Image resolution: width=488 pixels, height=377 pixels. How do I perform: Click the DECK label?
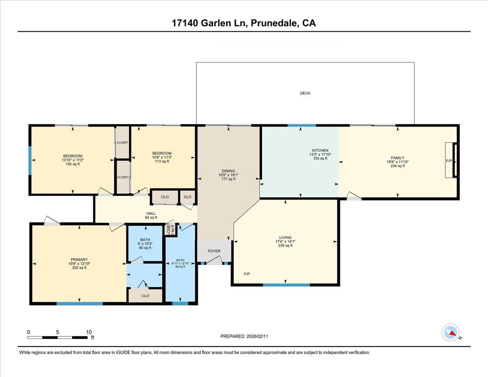tap(305, 93)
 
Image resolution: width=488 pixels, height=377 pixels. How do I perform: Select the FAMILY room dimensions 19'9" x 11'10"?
tap(397, 162)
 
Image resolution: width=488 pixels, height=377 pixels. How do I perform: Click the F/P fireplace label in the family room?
tap(449, 161)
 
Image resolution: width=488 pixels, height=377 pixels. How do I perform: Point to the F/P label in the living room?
tap(246, 274)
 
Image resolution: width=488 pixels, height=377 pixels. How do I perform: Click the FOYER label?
tap(214, 251)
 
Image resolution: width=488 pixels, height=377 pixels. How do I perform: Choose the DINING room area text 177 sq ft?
tap(228, 179)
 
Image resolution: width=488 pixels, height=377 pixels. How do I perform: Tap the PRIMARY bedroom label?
tap(79, 259)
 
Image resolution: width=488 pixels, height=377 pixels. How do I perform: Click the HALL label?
tap(151, 213)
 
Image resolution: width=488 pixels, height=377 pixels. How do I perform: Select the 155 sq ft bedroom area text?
tap(73, 164)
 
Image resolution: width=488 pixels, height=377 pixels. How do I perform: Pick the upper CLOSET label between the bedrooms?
tap(122, 143)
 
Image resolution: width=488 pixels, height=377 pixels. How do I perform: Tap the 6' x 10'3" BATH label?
tap(145, 244)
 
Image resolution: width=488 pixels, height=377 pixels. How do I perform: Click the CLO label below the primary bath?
tap(145, 296)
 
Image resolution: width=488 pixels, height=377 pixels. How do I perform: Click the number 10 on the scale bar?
tap(89, 332)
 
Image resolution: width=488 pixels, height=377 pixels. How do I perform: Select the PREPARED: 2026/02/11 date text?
tap(244, 336)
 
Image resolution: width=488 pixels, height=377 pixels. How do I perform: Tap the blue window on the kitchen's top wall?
tap(302, 125)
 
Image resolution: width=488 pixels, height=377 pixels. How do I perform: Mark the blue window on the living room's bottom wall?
tap(286, 285)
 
